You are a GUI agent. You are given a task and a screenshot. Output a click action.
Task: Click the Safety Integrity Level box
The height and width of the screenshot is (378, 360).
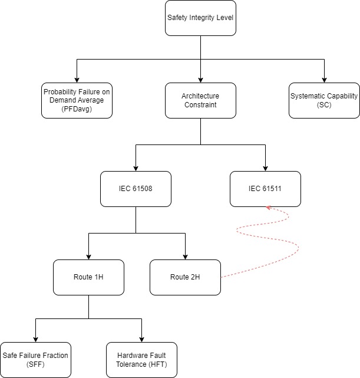(200, 18)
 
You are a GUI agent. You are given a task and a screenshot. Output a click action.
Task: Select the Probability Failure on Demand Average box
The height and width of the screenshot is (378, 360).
(77, 100)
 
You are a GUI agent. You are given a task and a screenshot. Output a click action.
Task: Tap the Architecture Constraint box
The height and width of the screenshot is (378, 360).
(200, 100)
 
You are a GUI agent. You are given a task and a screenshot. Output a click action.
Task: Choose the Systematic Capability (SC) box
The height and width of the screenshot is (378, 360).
(324, 100)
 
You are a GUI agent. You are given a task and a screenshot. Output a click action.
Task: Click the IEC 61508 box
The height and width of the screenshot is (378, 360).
(136, 189)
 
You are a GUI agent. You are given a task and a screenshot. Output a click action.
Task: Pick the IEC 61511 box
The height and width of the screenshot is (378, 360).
(265, 189)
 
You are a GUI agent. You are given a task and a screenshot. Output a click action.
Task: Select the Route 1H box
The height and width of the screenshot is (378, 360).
(88, 277)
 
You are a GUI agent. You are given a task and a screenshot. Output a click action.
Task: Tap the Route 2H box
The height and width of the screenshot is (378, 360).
(185, 277)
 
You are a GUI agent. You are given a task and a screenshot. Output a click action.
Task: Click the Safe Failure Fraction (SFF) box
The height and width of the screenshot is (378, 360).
(35, 360)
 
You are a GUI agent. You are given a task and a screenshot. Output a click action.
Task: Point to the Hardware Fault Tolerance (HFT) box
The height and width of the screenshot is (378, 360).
(141, 360)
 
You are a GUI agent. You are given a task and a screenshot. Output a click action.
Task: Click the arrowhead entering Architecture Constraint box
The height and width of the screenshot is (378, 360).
(200, 80)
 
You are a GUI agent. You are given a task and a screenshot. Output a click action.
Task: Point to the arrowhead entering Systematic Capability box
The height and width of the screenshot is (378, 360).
(324, 80)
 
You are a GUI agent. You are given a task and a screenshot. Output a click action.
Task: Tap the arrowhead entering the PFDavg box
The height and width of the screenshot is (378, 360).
(77, 80)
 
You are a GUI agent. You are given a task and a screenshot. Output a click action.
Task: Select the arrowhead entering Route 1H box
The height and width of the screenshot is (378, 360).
(88, 257)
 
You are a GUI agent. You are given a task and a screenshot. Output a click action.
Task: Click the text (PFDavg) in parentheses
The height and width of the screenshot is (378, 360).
(77, 109)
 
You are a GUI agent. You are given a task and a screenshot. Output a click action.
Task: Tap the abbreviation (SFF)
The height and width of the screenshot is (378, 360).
(35, 364)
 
